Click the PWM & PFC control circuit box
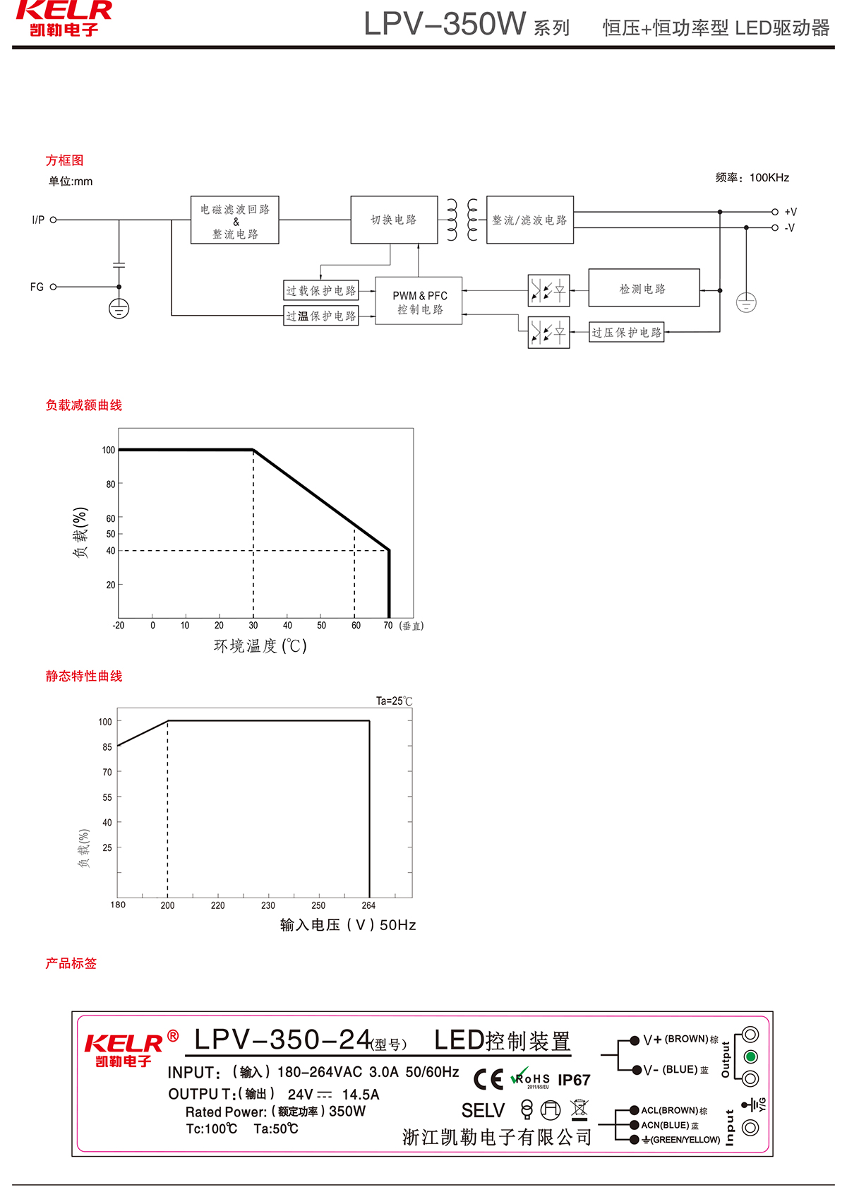(419, 301)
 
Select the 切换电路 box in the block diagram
(394, 220)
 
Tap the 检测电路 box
(643, 288)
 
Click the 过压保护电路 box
(626, 332)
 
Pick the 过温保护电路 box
(321, 316)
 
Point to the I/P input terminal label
(38, 220)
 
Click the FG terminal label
(37, 287)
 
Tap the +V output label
(791, 212)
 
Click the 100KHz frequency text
(769, 177)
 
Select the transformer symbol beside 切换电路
(462, 220)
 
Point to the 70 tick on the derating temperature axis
(388, 626)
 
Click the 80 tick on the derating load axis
(110, 484)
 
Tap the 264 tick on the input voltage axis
(368, 905)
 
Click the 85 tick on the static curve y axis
(107, 746)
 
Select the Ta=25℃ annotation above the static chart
(394, 701)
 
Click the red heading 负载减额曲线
(84, 405)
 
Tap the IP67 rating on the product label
(574, 1080)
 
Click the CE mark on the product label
(488, 1079)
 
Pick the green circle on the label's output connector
(750, 1056)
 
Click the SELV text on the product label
(483, 1111)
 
